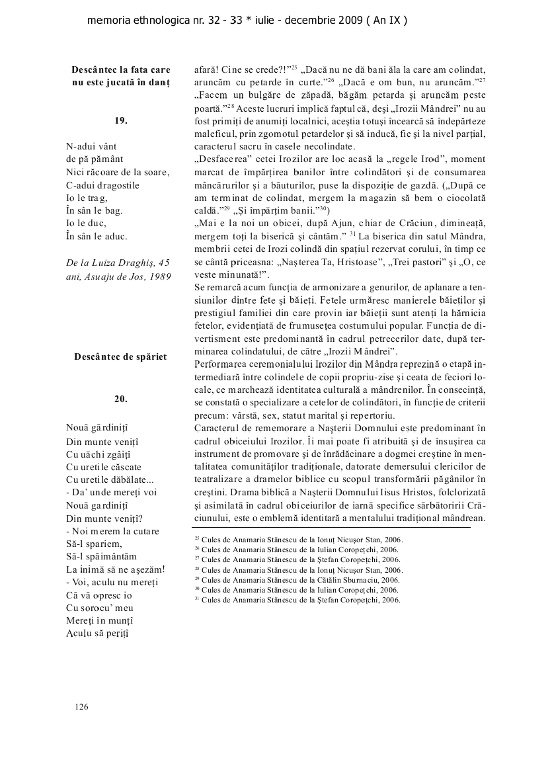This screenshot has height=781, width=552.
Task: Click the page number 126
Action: point(81,707)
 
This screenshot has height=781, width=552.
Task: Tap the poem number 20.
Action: point(120,399)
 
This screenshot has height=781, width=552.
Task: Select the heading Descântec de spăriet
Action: point(121,357)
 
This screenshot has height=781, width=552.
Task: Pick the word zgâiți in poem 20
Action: point(118,454)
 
